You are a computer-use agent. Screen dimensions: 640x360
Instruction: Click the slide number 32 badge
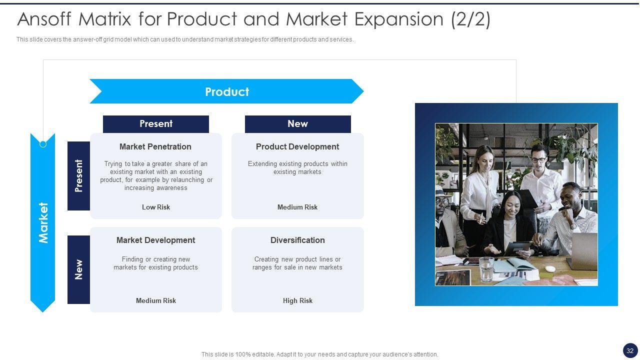tap(630, 350)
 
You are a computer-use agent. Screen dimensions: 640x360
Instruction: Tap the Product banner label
tap(227, 91)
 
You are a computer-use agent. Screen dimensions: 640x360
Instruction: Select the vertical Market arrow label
tap(43, 223)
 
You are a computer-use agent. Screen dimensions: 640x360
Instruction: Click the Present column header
tap(156, 124)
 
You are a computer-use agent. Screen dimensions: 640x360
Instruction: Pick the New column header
tap(297, 124)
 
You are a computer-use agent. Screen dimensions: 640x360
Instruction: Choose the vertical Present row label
tap(78, 175)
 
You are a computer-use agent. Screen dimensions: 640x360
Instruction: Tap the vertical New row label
tap(78, 269)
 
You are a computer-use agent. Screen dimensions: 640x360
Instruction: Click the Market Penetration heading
tap(155, 146)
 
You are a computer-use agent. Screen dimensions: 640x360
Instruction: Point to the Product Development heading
tap(297, 146)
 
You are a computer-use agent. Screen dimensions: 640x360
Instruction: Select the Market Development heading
tap(155, 240)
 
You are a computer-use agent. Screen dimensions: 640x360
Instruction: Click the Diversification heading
tap(297, 240)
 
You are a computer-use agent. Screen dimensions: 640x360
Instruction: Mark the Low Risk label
tap(156, 207)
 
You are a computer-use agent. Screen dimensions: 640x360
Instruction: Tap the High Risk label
tap(297, 300)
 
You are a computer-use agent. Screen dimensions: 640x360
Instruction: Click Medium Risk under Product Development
tap(297, 207)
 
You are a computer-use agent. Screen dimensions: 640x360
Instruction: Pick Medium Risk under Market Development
tap(156, 300)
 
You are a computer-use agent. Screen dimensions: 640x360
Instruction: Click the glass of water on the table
tap(485, 269)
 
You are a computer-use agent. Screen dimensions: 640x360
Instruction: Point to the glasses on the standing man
tap(538, 159)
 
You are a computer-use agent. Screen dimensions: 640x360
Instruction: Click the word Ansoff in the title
tap(44, 19)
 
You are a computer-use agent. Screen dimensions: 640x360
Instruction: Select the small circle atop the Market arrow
tap(43, 144)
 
